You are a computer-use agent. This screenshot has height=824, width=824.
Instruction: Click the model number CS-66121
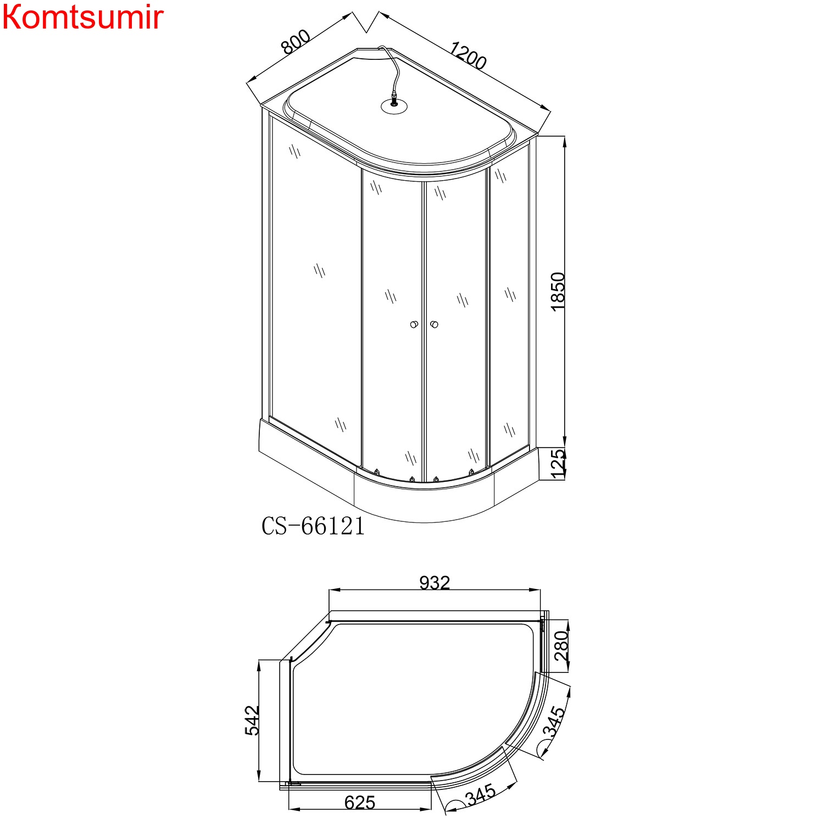[313, 526]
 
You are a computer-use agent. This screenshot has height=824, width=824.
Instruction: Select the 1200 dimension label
[468, 55]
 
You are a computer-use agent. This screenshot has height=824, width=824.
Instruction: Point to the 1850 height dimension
[558, 291]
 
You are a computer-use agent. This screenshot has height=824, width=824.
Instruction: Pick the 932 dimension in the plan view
[435, 582]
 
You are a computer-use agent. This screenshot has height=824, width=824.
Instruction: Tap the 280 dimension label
[561, 645]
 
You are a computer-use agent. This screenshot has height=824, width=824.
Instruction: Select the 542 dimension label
[252, 720]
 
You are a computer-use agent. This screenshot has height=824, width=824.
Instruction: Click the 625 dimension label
[360, 803]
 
